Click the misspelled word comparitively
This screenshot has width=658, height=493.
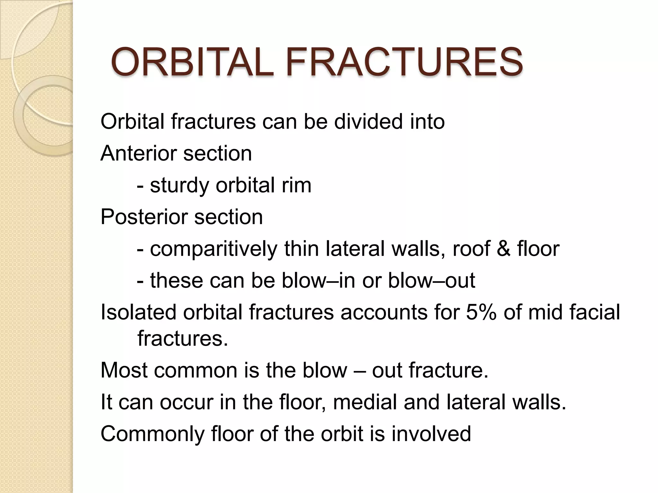214,249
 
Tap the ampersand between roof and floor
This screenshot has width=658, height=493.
503,249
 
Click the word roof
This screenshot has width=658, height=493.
471,249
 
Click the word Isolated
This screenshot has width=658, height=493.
138,312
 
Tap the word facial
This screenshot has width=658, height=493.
594,312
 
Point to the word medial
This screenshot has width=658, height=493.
365,402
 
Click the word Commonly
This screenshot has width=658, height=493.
152,434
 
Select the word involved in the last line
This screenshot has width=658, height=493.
431,433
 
